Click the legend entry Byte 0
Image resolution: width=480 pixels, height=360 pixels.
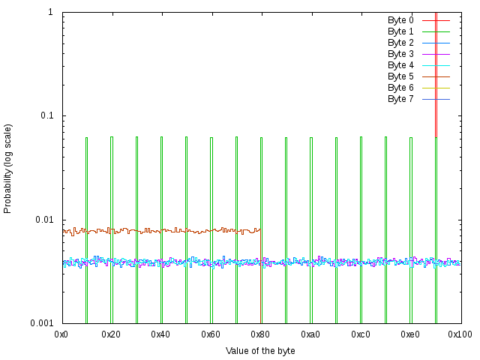[x=400, y=20]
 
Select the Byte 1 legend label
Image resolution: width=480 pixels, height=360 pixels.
[x=400, y=31]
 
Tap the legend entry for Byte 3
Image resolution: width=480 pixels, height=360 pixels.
[x=400, y=54]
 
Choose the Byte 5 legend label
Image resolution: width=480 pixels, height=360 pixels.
[x=400, y=76]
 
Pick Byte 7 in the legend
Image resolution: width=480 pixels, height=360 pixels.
[x=400, y=99]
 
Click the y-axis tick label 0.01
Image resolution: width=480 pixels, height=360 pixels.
[x=43, y=220]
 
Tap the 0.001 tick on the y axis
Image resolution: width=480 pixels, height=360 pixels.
[x=40, y=323]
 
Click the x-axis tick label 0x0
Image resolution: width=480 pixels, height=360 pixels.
[x=62, y=334]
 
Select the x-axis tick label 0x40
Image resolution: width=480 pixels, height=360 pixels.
[x=162, y=334]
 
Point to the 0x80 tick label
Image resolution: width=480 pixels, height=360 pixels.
[x=261, y=334]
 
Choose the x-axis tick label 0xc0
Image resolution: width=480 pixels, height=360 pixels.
[x=361, y=334]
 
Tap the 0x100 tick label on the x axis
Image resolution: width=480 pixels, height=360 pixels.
[x=460, y=334]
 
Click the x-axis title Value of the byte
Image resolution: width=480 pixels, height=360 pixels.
[x=260, y=351]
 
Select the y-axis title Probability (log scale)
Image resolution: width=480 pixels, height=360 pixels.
[x=8, y=168]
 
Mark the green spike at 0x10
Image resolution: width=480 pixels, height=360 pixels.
[x=86, y=225]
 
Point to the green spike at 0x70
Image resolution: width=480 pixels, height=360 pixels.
[x=236, y=225]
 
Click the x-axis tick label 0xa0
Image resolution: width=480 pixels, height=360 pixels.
[x=310, y=334]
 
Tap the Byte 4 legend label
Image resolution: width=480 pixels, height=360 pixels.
[x=400, y=65]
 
